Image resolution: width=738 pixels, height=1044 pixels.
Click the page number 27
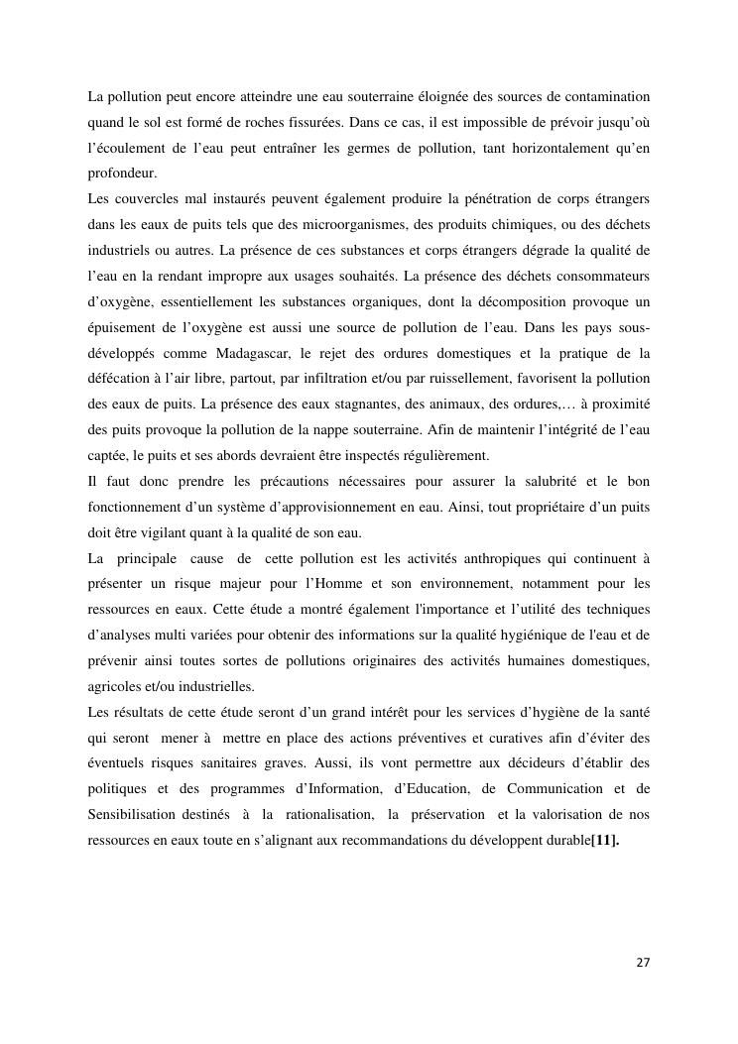[643, 963]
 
